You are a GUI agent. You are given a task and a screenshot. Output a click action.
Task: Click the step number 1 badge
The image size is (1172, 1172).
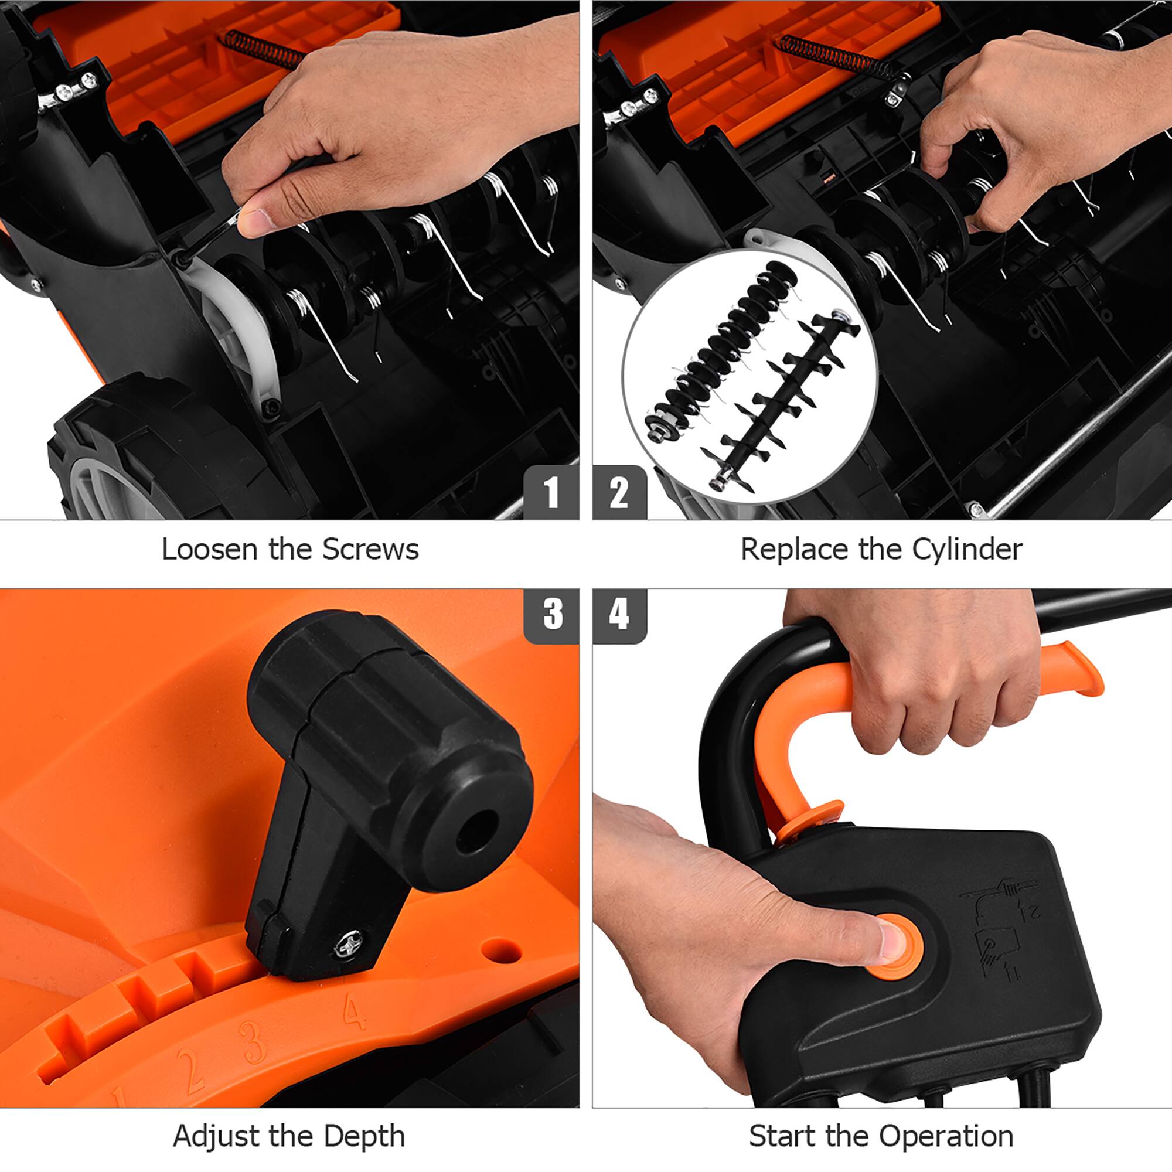tap(551, 492)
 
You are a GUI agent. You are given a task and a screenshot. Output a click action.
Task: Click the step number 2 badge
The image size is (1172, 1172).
tap(619, 492)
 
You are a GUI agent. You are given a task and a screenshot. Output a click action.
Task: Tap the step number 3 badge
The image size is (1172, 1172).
tap(552, 615)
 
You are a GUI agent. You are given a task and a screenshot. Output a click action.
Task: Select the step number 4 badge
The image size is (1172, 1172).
tap(619, 615)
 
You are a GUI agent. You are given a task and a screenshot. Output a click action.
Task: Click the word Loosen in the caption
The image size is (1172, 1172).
tap(209, 550)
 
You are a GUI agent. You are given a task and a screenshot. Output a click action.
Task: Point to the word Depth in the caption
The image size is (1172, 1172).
tap(364, 1136)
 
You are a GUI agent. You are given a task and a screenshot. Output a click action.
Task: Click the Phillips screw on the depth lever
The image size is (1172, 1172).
tap(348, 945)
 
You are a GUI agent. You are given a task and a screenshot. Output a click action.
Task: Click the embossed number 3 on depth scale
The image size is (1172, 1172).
tap(252, 1041)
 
